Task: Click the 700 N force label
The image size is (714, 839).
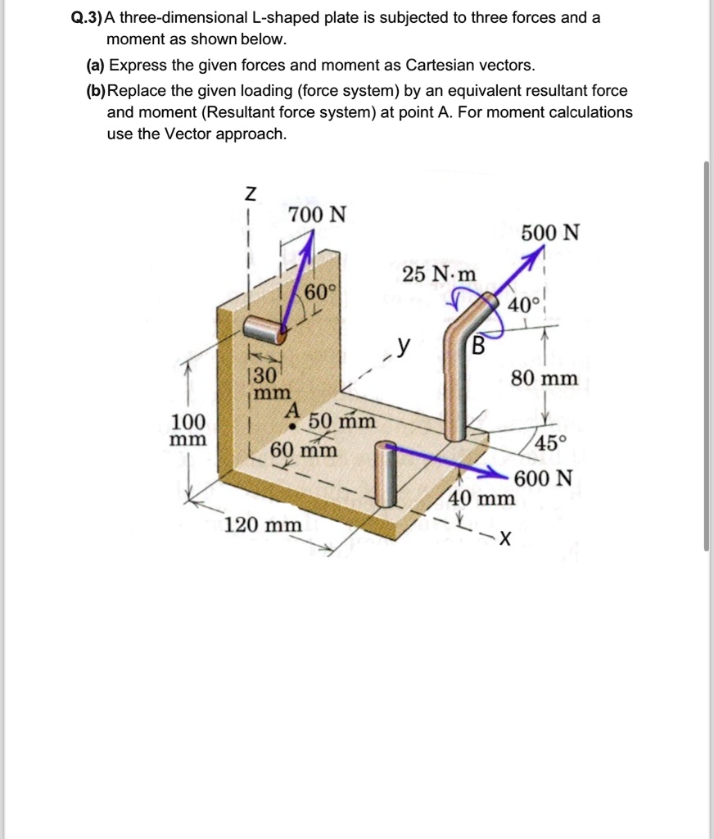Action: pos(318,215)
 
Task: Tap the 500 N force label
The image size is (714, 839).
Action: pos(551,233)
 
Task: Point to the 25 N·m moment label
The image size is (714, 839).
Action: pos(439,274)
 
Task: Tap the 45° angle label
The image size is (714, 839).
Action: pos(550,443)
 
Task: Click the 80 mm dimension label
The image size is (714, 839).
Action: pos(545,379)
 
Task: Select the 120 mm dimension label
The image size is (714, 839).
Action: pos(263,524)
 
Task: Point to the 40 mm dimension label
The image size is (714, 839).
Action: pos(482,498)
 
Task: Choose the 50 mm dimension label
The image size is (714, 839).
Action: pos(342,422)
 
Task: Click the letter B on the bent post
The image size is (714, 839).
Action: pos(479,345)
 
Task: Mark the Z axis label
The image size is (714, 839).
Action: pos(251,194)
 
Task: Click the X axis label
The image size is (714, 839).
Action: pos(505,538)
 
